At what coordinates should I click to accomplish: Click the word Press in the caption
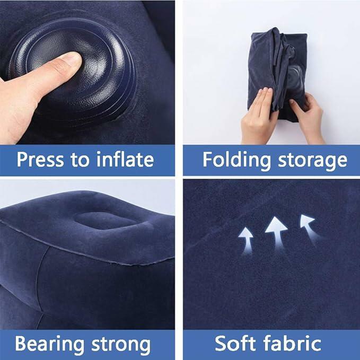click(42, 159)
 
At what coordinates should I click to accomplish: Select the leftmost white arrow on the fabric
click(246, 237)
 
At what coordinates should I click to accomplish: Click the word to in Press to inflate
click(81, 160)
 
